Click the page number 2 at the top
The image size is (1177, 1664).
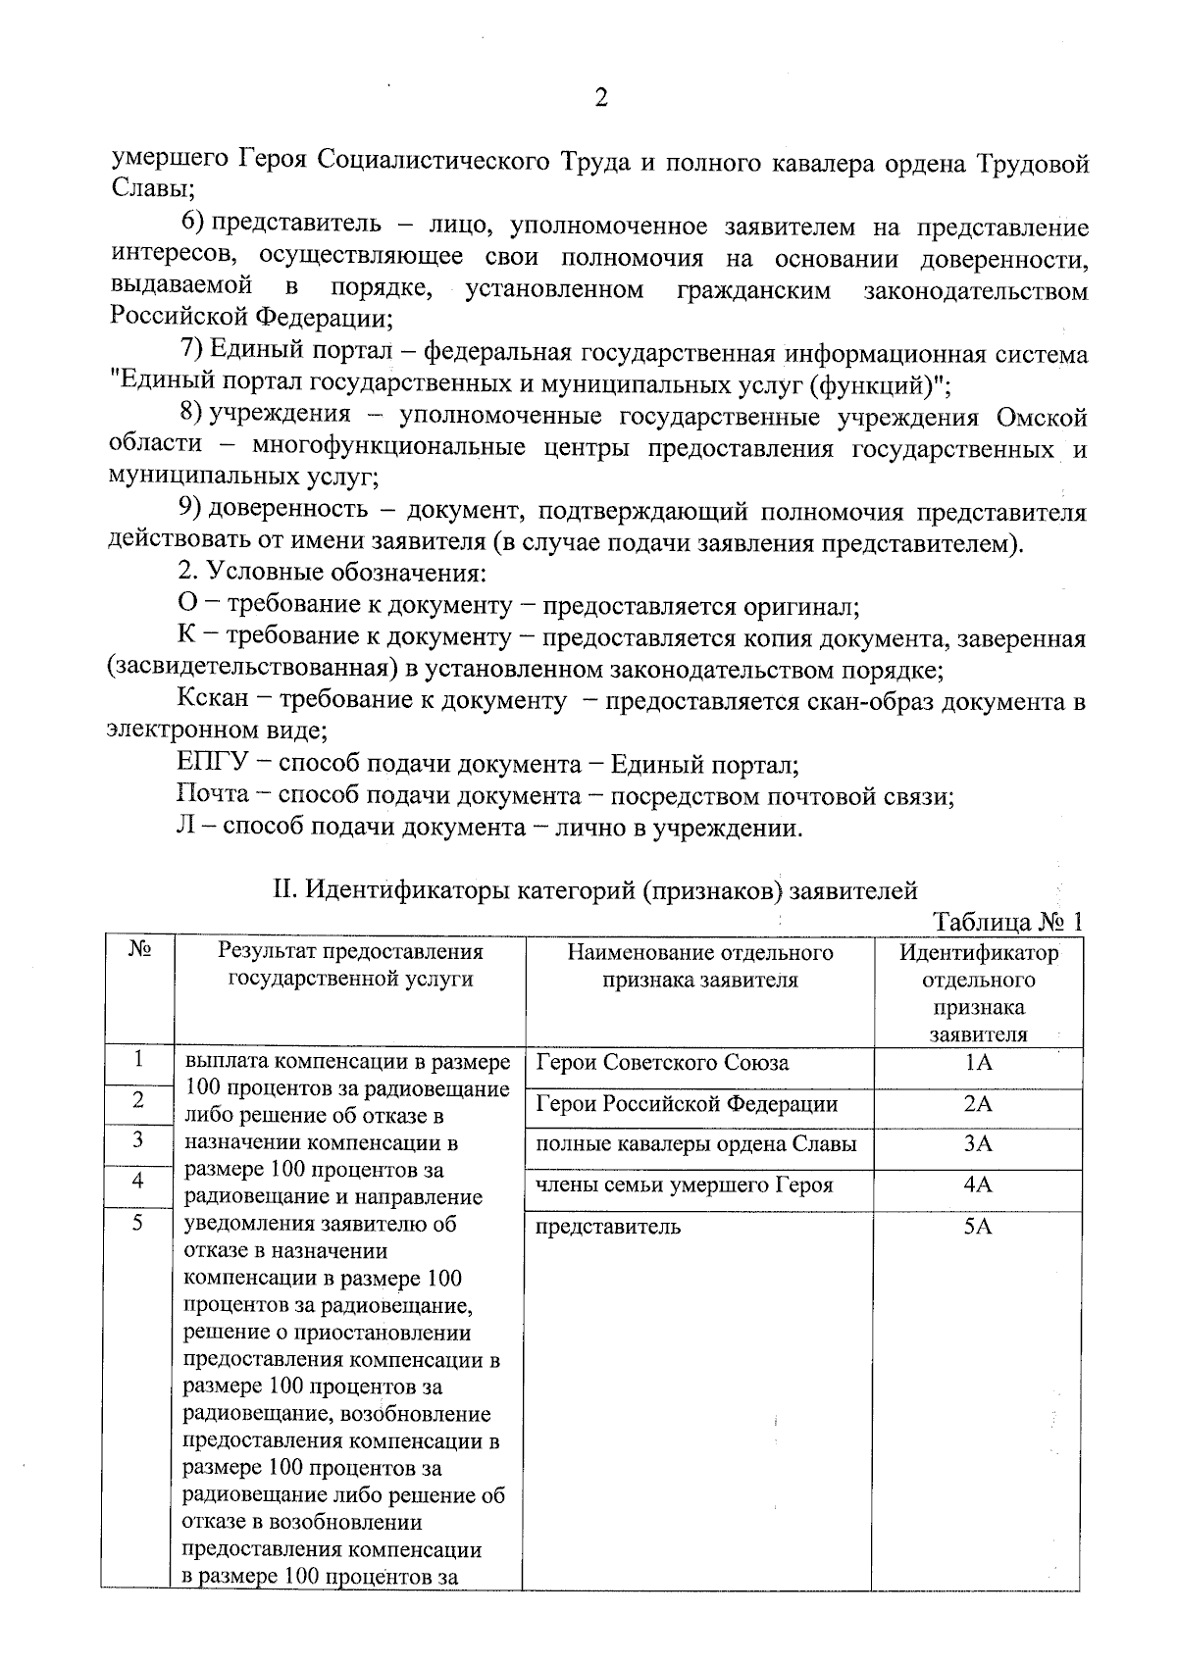(601, 98)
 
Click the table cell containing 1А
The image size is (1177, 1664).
(978, 1064)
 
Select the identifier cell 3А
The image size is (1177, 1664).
(978, 1144)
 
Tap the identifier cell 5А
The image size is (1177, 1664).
(978, 1227)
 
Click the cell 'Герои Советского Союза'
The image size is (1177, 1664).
(662, 1064)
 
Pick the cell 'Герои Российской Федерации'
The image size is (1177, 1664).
(687, 1105)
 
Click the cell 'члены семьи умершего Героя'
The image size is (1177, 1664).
(684, 1185)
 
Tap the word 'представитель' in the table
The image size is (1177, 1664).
(608, 1227)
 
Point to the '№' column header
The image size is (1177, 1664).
(138, 949)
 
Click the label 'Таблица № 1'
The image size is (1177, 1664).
(1007, 923)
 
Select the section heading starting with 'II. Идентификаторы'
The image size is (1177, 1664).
(594, 890)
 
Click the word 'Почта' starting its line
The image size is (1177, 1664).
(213, 795)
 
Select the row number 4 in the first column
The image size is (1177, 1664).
(138, 1182)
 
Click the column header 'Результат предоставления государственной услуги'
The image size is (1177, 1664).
(350, 965)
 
